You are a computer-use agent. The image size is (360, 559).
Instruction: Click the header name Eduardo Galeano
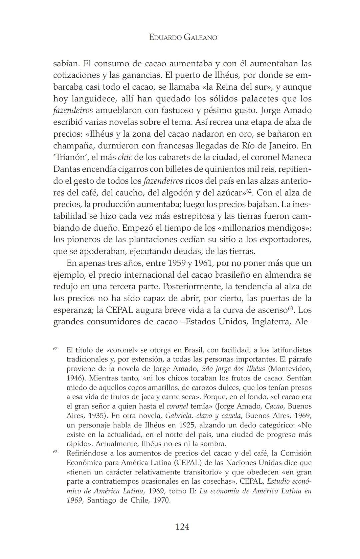tap(183, 37)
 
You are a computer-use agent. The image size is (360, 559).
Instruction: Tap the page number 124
tap(182, 527)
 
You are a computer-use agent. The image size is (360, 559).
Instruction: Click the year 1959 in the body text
tap(177, 263)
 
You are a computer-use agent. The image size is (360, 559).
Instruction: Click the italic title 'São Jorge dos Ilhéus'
tap(233, 369)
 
